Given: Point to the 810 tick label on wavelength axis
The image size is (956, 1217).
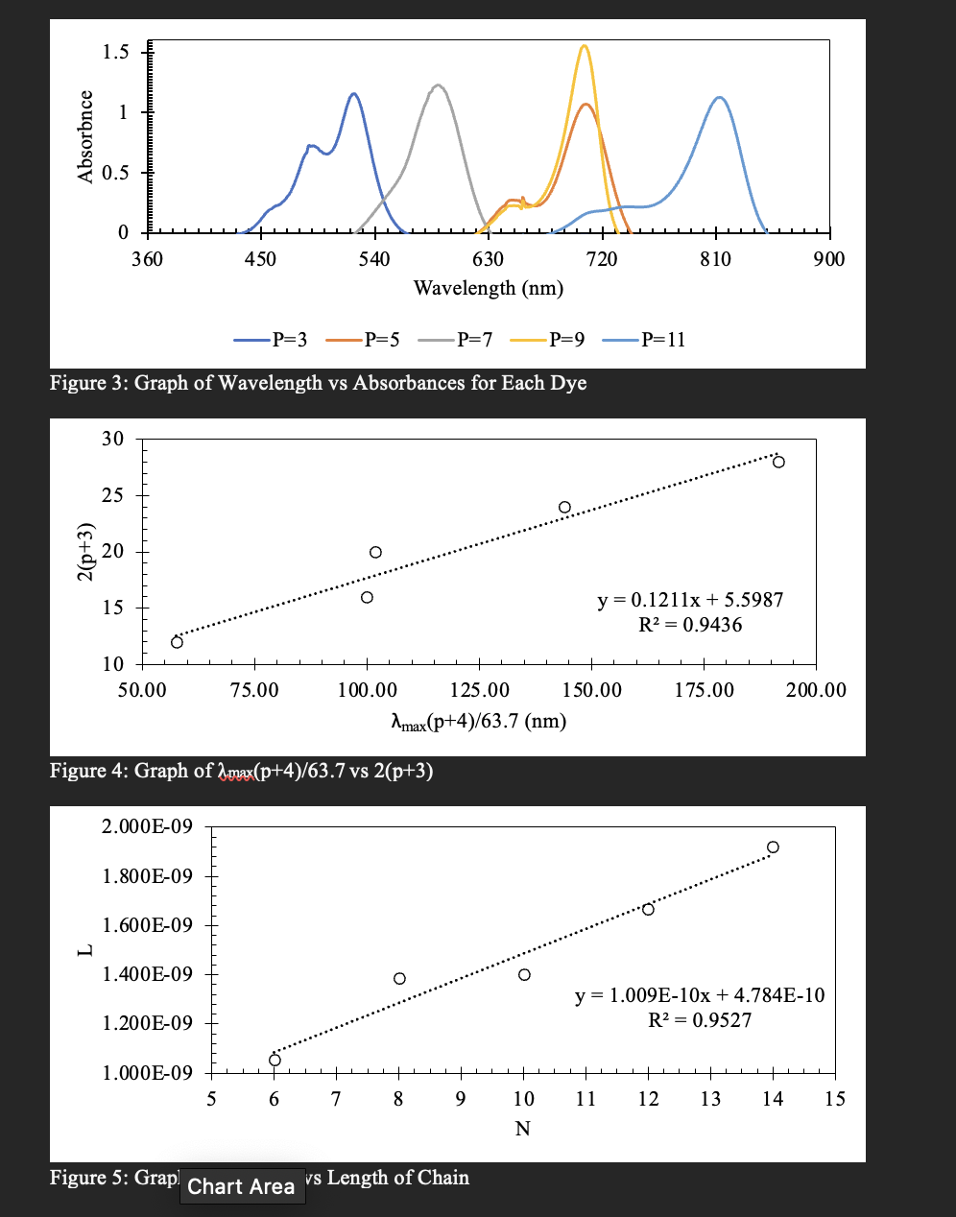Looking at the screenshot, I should pos(715,259).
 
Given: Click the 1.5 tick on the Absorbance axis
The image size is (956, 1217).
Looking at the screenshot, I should pos(115,51).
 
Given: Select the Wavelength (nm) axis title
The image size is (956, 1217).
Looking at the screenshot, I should pos(488,288).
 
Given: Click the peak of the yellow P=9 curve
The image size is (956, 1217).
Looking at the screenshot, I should pos(584,45).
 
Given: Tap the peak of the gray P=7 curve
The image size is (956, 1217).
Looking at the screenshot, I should pos(438,85).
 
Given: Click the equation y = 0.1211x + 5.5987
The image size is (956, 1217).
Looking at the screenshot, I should pos(690,600).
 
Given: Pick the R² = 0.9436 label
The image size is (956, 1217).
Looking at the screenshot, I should pos(690,625).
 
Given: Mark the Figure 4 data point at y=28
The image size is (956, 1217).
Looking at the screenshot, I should pos(778,462).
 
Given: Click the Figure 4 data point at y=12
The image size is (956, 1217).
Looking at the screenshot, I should pos(177,642).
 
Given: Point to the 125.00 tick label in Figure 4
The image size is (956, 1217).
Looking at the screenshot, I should pos(479,690).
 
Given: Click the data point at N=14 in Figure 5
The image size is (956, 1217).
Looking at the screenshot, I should pos(773,847).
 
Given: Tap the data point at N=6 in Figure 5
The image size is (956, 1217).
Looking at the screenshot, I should pos(275,1060).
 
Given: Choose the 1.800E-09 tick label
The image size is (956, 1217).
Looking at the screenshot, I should pos(147,876).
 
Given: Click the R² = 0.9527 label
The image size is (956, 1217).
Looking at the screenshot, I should pos(700,1019).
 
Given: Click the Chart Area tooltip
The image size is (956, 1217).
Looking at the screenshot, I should pos(241,1186).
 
